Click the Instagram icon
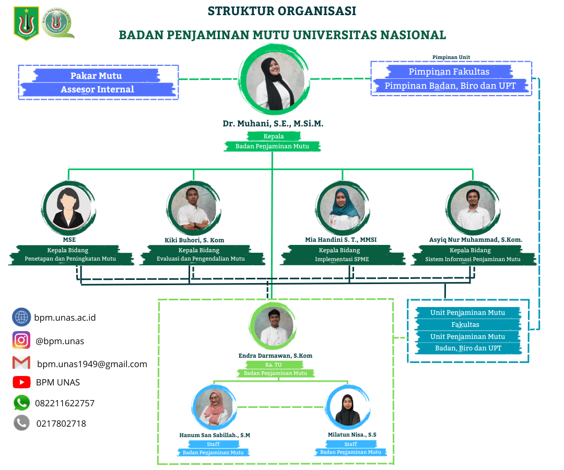pos(21,340)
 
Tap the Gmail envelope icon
pos(21,362)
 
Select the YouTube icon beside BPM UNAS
pos(21,382)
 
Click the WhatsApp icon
pos(21,403)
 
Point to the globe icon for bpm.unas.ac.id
pos(21,317)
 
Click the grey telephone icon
pos(21,423)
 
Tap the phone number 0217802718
pos(61,424)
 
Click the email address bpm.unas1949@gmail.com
pos(92,364)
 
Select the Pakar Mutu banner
pos(96,76)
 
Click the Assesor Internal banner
pos(97,89)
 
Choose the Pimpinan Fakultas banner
pos(449,72)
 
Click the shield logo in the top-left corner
pos(27,23)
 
